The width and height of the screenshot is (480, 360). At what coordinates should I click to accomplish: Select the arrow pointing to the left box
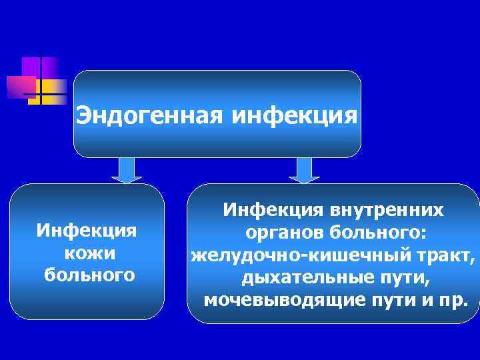pos(126,170)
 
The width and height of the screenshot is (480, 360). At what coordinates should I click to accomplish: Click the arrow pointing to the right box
pos(304,170)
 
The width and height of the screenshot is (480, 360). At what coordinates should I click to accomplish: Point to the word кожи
pos(87,253)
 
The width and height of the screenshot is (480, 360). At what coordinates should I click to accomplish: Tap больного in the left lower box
pos(87,275)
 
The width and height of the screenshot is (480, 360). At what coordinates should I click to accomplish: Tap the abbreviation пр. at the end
pos(453,299)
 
